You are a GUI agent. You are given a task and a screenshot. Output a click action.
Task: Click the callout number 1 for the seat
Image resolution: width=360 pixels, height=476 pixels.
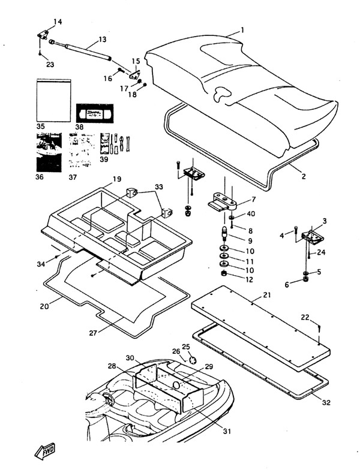point(242,29)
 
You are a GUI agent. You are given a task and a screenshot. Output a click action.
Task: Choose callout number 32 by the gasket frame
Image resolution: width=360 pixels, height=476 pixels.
point(326,402)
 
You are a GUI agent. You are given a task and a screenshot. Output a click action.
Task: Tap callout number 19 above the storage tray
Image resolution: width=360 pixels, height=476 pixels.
point(116,179)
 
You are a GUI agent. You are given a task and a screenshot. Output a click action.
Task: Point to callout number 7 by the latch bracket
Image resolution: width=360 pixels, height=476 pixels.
point(254,199)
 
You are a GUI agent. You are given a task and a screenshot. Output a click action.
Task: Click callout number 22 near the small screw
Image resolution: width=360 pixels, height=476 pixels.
point(322,318)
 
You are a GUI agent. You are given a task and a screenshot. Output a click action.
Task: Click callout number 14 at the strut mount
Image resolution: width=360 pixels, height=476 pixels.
point(58,22)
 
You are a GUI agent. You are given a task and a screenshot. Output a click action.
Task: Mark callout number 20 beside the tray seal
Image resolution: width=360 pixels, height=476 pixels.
point(44,306)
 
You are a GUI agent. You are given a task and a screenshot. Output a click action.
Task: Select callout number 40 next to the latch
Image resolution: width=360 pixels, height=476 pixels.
point(251,215)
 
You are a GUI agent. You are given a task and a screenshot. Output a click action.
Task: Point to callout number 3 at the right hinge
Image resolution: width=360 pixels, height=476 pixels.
point(324,221)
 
